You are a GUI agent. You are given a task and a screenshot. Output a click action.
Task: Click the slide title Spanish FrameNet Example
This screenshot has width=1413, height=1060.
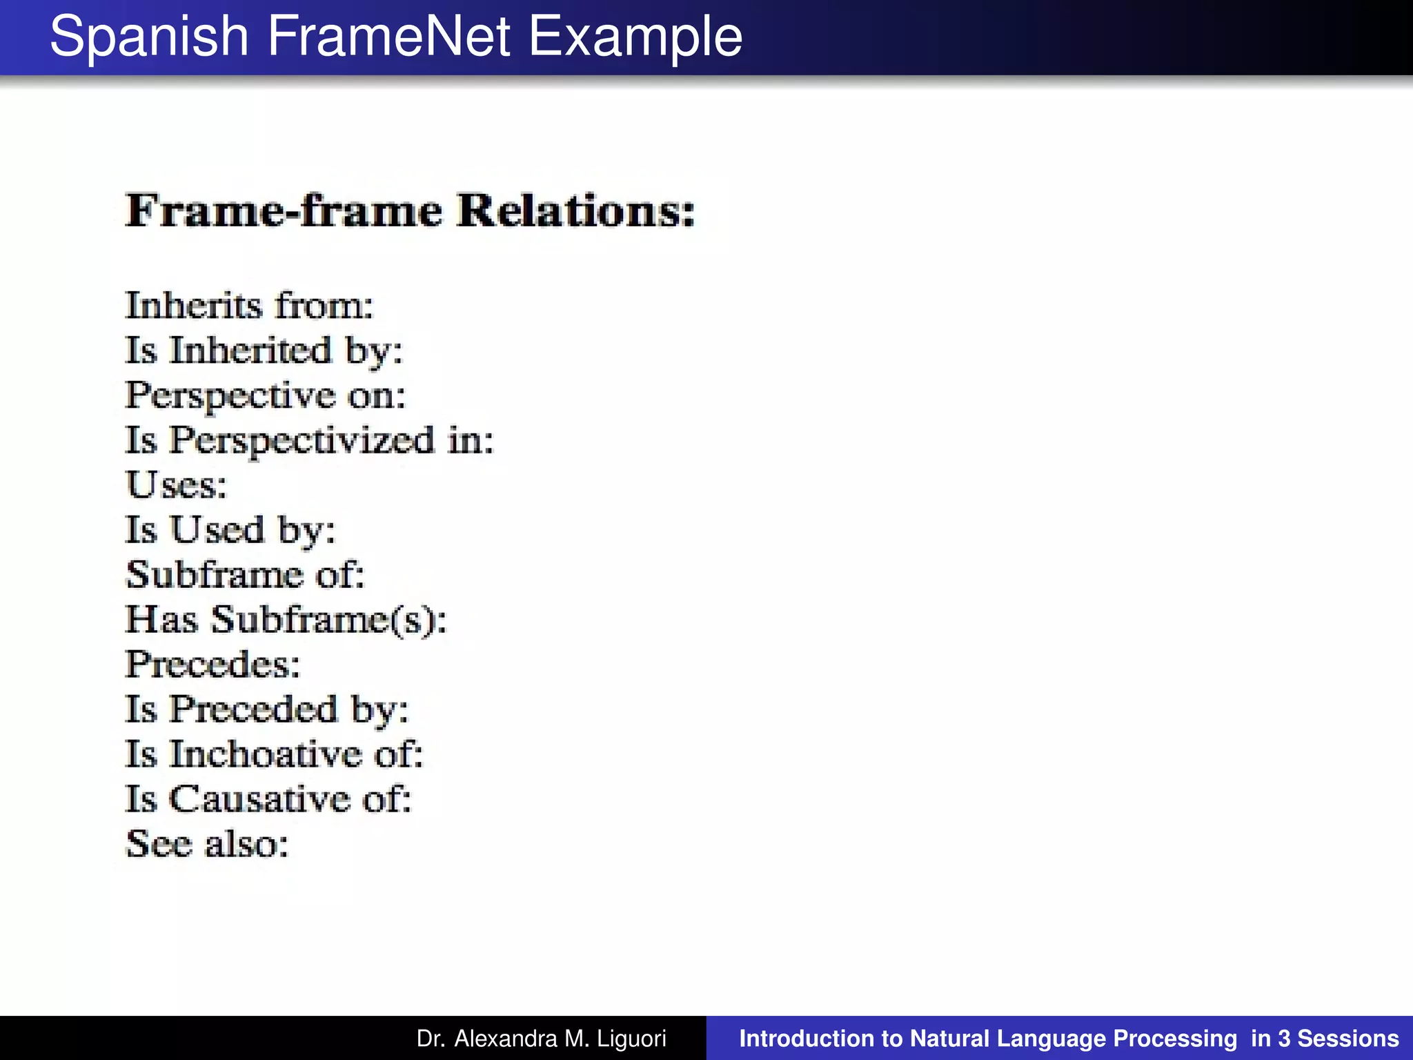396,37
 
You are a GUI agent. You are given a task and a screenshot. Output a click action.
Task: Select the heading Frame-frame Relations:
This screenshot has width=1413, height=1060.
411,210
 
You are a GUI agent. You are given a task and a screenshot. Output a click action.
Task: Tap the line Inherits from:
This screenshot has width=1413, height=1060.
249,306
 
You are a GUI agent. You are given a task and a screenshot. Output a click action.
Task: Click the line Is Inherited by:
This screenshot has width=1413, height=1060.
264,351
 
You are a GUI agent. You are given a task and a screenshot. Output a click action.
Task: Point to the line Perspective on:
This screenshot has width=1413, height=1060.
266,395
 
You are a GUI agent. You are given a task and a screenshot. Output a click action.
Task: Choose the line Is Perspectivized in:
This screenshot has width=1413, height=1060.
310,440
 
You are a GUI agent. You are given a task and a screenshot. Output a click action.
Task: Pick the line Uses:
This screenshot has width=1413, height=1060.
177,485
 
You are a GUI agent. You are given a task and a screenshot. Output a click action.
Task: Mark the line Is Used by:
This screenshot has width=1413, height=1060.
230,530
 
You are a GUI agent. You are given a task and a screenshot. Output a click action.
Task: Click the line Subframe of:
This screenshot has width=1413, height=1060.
245,575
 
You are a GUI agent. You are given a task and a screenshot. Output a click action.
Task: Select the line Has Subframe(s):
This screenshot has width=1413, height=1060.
286,620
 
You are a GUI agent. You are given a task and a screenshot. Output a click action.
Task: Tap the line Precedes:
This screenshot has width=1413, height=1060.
213,665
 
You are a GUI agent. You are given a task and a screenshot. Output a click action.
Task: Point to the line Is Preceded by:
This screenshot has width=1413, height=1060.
267,709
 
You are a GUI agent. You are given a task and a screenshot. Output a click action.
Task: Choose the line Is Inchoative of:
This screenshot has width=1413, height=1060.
274,754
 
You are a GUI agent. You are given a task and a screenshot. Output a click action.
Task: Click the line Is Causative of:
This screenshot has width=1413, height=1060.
268,799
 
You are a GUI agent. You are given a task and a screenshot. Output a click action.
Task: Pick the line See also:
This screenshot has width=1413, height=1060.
207,844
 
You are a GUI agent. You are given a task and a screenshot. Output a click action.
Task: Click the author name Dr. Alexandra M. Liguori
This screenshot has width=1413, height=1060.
542,1039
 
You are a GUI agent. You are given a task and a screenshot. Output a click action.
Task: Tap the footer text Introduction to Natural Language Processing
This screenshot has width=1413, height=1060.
988,1039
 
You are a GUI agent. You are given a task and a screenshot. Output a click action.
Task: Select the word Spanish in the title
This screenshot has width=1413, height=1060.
149,37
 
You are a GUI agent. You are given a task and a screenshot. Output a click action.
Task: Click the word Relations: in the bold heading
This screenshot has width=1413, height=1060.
576,210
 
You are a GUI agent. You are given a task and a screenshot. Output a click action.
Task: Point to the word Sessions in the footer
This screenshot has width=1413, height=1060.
1348,1039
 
